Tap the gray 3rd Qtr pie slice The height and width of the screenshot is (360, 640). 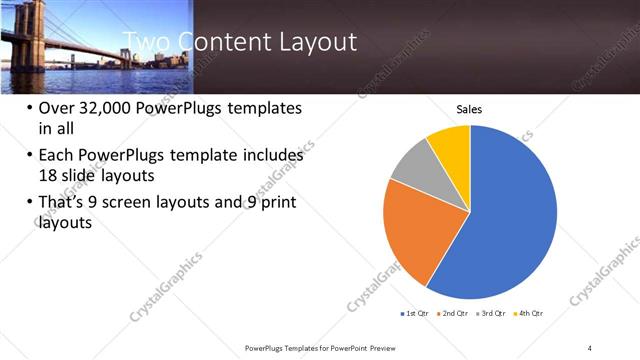pos(413,177)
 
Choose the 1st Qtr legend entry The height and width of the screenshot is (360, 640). pos(415,314)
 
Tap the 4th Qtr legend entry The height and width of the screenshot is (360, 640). pos(530,314)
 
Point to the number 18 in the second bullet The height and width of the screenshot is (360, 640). pos(48,175)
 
